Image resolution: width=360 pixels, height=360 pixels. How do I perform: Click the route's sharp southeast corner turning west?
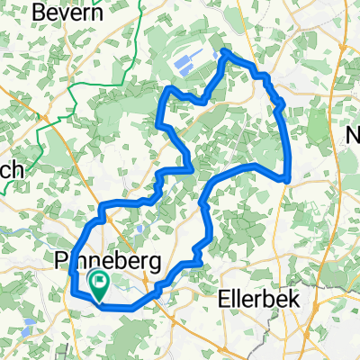tap(287, 179)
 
